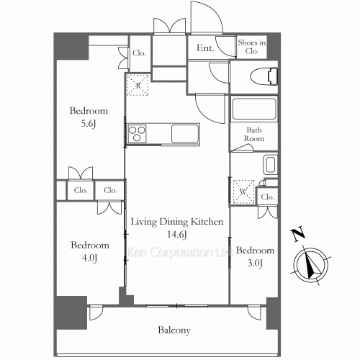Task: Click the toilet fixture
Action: click(264, 76)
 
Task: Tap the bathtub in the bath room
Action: click(254, 109)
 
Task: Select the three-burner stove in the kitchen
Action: click(137, 134)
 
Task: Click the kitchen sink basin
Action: click(185, 134)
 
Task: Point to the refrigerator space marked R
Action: click(138, 85)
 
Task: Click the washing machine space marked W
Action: click(243, 192)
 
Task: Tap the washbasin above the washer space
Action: click(270, 165)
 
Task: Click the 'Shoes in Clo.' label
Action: click(252, 47)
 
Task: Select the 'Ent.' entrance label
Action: click(205, 48)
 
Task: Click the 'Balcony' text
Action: click(174, 330)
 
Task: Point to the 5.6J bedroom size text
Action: click(89, 124)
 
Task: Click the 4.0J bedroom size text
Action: click(89, 258)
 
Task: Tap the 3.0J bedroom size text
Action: click(255, 264)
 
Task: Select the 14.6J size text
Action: click(177, 235)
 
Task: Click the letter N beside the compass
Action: click(297, 233)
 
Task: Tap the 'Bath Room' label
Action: click(254, 134)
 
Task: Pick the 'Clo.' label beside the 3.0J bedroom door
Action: click(268, 197)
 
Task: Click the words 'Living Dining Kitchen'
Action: click(177, 222)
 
